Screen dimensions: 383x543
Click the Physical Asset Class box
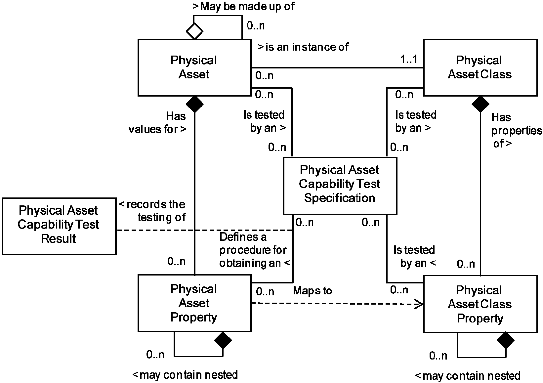480,67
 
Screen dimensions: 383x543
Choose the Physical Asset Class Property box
480,304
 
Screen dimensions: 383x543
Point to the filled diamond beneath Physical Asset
194,104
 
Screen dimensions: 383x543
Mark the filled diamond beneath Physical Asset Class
480,104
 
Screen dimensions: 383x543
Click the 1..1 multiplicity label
409,59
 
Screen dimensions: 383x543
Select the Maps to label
313,291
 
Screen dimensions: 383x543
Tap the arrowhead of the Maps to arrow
419,304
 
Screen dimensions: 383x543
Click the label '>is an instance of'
303,47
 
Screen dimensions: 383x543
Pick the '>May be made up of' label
243,6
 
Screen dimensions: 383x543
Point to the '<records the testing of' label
152,211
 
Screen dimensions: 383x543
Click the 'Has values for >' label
158,123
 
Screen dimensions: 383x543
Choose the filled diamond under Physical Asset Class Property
506,341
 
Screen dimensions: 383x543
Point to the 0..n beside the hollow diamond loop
256,25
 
